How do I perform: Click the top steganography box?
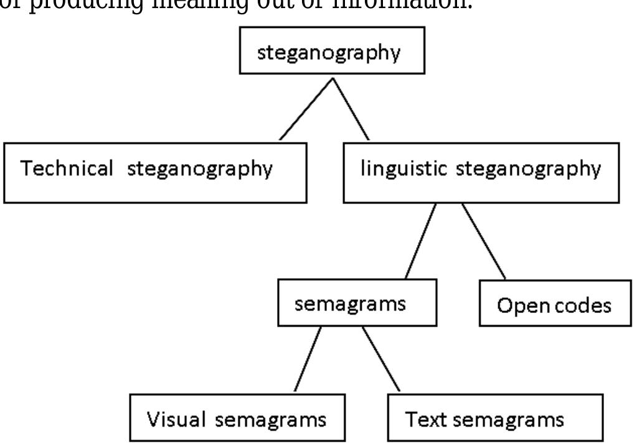tap(332, 50)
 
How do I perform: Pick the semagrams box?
tap(357, 303)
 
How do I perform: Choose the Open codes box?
tap(554, 304)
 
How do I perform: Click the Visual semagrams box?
tap(237, 418)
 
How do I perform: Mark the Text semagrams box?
tap(494, 418)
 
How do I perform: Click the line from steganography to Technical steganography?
tap(305, 109)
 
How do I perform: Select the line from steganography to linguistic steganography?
tap(351, 109)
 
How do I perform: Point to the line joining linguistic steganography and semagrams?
tap(421, 240)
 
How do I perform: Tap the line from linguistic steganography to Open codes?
tap(483, 240)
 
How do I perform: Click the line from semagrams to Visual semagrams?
tap(308, 359)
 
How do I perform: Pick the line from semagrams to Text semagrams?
tap(381, 359)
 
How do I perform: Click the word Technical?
tap(67, 169)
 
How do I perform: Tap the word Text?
tap(427, 419)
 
